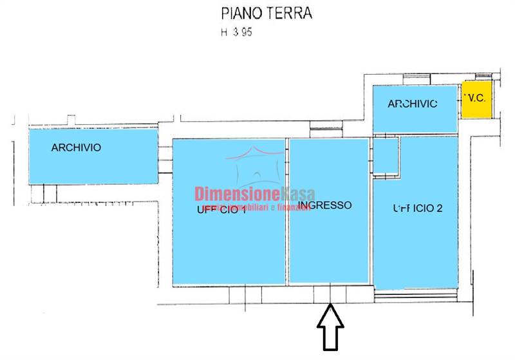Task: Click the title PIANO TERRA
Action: pyautogui.click(x=267, y=14)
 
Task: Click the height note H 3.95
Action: pyautogui.click(x=236, y=33)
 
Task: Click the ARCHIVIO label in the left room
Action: pyautogui.click(x=76, y=147)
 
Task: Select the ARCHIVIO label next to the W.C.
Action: pyautogui.click(x=413, y=104)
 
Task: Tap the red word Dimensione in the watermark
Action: pyautogui.click(x=236, y=194)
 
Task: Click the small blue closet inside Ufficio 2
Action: pyautogui.click(x=386, y=155)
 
